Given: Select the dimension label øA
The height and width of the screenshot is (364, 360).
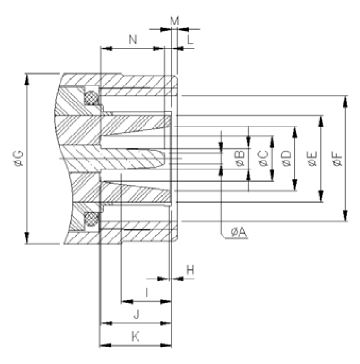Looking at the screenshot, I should pyautogui.click(x=239, y=232).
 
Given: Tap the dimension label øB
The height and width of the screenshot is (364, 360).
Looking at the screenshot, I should pyautogui.click(x=240, y=158).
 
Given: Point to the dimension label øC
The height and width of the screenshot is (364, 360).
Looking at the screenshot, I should pyautogui.click(x=264, y=158).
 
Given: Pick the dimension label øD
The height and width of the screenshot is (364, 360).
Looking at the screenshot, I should pyautogui.click(x=287, y=158).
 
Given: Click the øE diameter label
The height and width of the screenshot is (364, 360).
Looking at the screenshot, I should pyautogui.click(x=312, y=158).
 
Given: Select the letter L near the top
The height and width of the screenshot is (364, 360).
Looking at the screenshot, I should pyautogui.click(x=190, y=40).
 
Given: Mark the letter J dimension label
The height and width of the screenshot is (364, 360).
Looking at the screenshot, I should pyautogui.click(x=136, y=314).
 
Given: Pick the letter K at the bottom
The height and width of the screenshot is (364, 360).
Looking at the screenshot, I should pyautogui.click(x=135, y=337).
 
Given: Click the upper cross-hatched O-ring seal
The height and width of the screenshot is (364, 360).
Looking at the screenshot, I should pyautogui.click(x=91, y=98).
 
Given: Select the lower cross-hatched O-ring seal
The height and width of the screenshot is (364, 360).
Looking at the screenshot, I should pyautogui.click(x=91, y=219).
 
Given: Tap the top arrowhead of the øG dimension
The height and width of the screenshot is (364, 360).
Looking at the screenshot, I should pyautogui.click(x=26, y=77).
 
